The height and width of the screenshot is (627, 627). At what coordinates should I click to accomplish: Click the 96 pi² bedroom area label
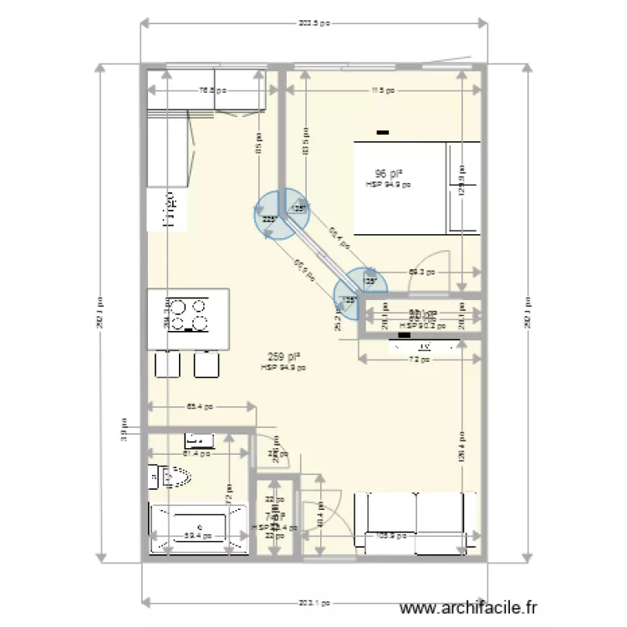tap(385, 174)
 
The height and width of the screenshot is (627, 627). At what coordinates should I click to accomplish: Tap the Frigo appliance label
tap(170, 209)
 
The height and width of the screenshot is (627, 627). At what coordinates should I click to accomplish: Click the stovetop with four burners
tap(189, 313)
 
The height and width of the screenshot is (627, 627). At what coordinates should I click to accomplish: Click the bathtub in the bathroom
tap(198, 528)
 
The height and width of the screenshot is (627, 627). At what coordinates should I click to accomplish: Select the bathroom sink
tap(200, 438)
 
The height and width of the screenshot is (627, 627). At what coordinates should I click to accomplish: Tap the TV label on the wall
tap(424, 344)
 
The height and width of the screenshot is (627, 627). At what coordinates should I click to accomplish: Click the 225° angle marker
tap(269, 219)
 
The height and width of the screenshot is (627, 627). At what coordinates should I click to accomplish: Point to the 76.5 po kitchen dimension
tap(212, 91)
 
